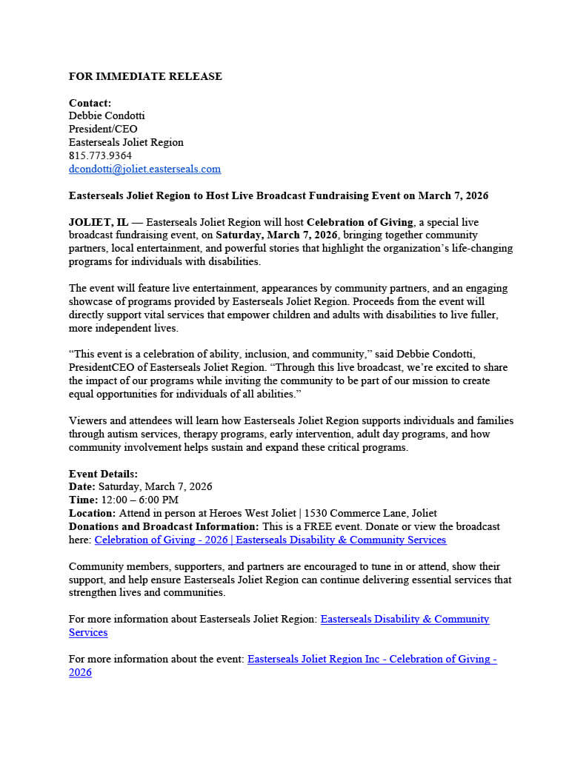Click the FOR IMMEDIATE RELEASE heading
pyautogui.click(x=145, y=76)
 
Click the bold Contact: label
pyautogui.click(x=90, y=103)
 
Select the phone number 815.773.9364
pyautogui.click(x=100, y=155)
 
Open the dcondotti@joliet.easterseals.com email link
pyautogui.click(x=144, y=169)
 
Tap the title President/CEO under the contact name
pyautogui.click(x=103, y=129)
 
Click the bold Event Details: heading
pyautogui.click(x=103, y=474)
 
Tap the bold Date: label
pyautogui.click(x=82, y=486)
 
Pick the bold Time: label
pyautogui.click(x=83, y=500)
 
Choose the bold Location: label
pyautogui.click(x=92, y=513)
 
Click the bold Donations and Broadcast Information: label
pyautogui.click(x=164, y=526)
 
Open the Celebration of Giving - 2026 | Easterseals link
pyautogui.click(x=270, y=540)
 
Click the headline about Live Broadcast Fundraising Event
pyautogui.click(x=279, y=195)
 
